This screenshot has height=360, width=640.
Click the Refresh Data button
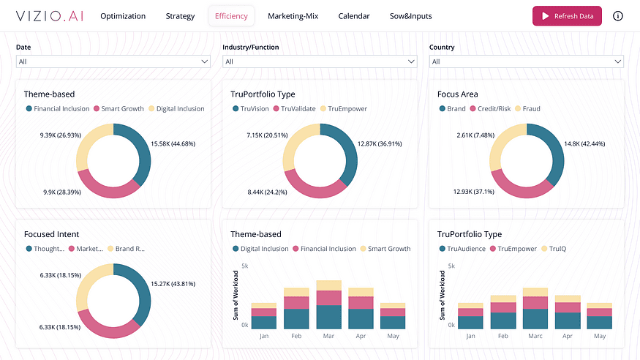(x=567, y=16)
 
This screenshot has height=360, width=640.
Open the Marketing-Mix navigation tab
(x=293, y=16)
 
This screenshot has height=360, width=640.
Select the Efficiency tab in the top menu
(x=231, y=16)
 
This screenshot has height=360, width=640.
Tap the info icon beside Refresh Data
(x=618, y=16)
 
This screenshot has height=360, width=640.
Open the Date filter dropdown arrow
(x=205, y=61)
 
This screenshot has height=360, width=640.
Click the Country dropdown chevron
(x=618, y=61)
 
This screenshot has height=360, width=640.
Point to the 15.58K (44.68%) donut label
(x=173, y=143)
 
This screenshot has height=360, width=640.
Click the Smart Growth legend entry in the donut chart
(x=118, y=108)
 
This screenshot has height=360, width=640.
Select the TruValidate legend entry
(x=294, y=108)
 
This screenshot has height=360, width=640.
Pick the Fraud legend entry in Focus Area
(x=528, y=108)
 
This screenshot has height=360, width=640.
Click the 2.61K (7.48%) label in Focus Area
(x=475, y=135)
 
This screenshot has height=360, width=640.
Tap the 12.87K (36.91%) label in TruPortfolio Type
(x=380, y=143)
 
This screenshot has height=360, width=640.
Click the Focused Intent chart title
(x=51, y=234)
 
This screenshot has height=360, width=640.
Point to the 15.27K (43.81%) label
(x=173, y=284)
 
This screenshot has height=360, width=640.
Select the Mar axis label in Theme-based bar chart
(x=328, y=336)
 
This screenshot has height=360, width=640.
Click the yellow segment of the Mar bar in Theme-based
(x=329, y=285)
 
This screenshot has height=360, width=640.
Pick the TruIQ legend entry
(x=554, y=249)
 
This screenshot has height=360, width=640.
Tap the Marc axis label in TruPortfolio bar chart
(x=535, y=336)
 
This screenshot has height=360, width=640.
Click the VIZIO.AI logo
(x=50, y=16)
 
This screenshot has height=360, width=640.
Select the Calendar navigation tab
(x=354, y=16)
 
